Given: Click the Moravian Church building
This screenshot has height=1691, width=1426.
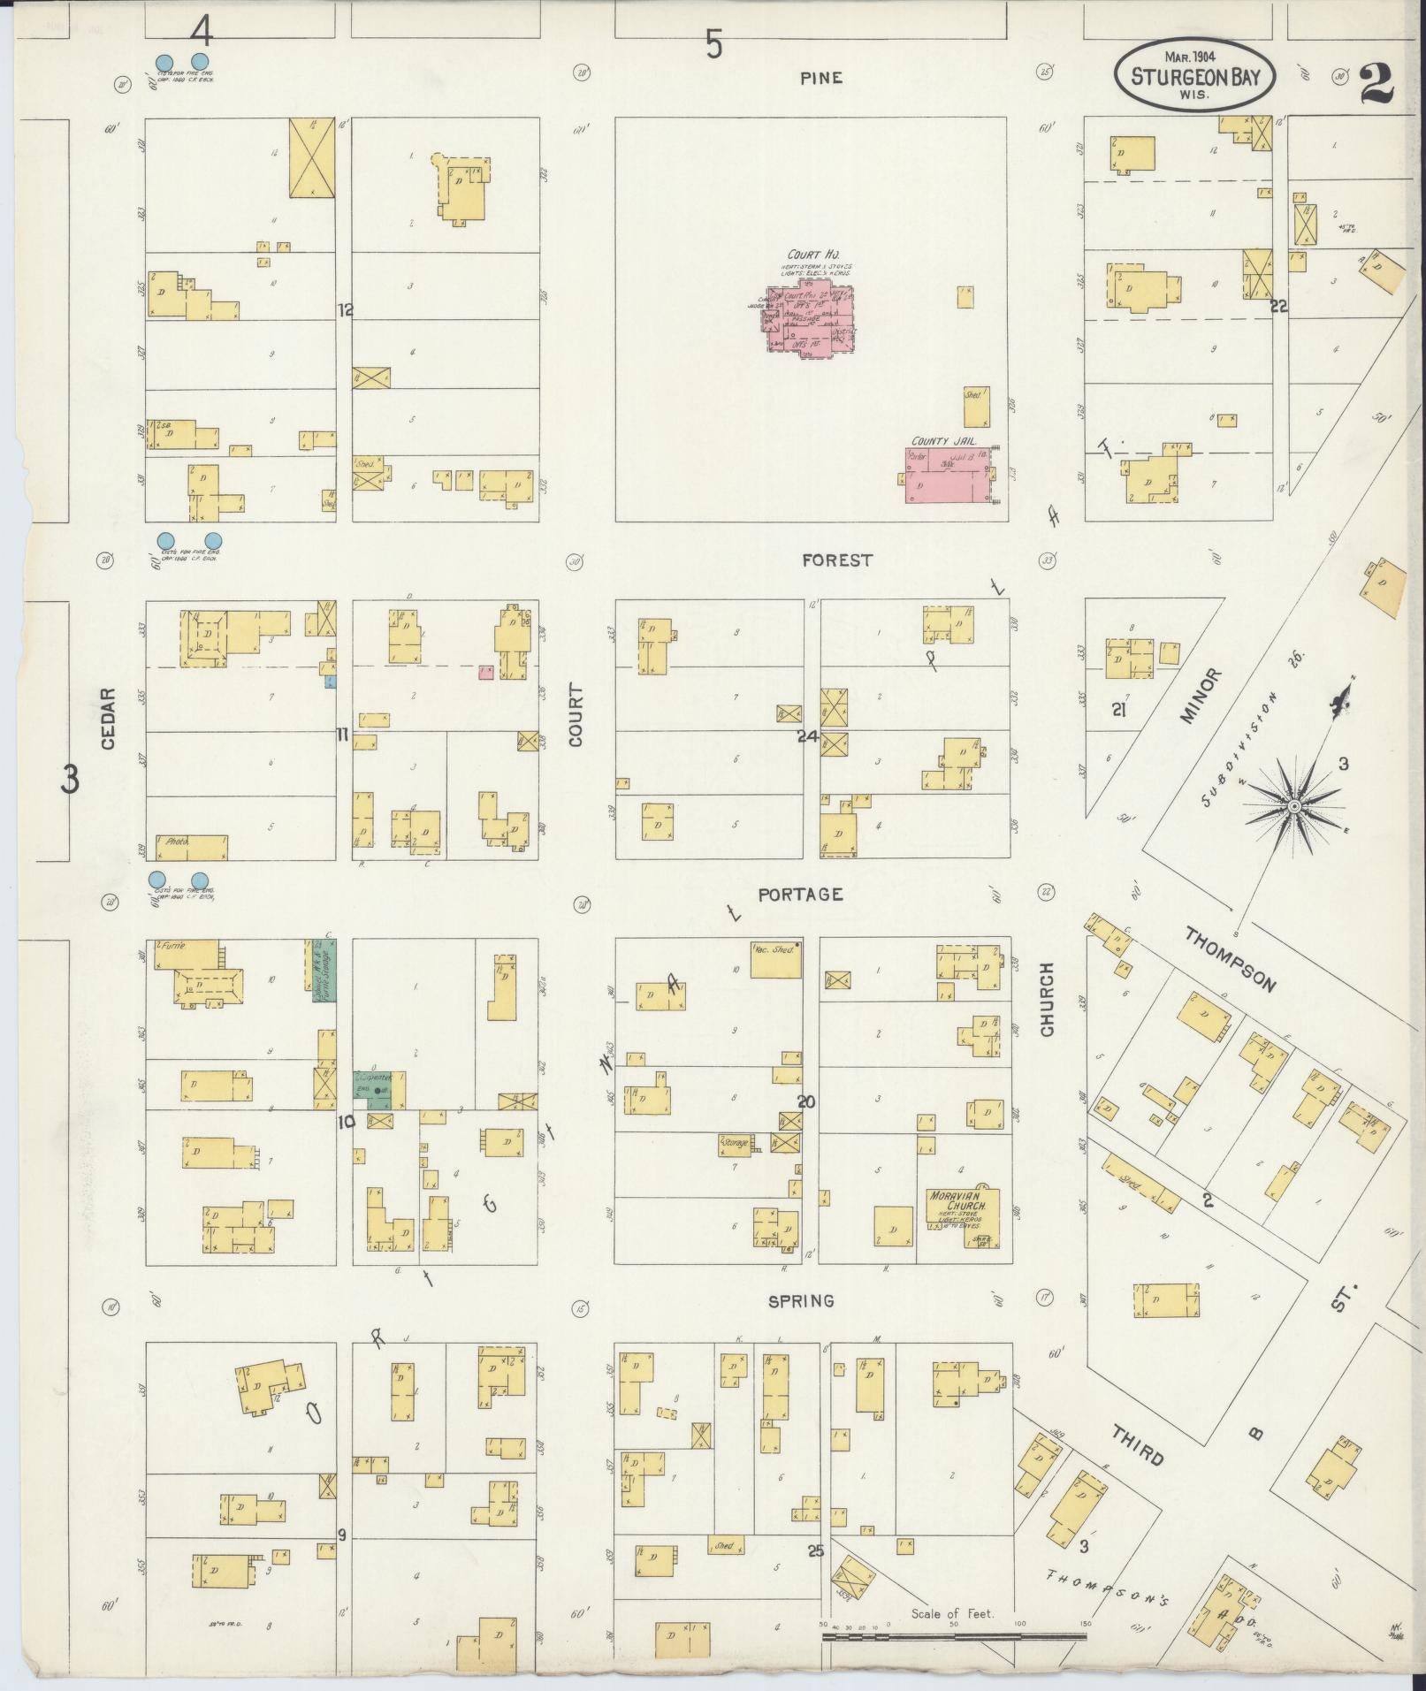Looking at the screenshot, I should coord(962,1218).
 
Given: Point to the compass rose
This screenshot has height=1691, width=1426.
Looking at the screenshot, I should coord(1293,805).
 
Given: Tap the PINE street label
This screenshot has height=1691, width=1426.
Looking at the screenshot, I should coord(821,78).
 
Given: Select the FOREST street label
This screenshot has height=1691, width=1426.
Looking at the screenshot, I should coord(836,560).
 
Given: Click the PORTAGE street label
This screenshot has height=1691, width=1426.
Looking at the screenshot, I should coord(800,895).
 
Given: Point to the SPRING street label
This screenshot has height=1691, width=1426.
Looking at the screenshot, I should coord(801,1301).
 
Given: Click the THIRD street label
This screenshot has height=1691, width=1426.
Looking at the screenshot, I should coord(1138,1444).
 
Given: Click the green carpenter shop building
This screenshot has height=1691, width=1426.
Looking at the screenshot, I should coord(379,1089).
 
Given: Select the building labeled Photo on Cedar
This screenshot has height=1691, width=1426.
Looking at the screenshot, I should coord(191,846).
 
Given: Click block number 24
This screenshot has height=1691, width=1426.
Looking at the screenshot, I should coord(807,735).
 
